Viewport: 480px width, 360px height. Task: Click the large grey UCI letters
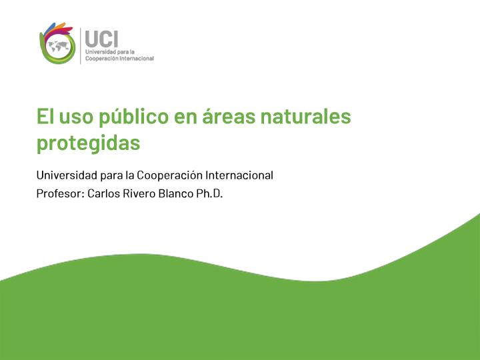(101, 39)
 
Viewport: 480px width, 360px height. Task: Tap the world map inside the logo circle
(59, 46)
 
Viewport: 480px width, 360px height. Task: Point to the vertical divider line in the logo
(81, 46)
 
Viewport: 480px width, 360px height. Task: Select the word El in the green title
(45, 116)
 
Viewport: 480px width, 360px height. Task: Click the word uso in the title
(76, 117)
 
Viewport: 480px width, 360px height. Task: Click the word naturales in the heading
(305, 116)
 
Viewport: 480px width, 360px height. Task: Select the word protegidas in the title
(89, 143)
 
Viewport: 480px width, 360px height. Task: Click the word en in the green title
(185, 117)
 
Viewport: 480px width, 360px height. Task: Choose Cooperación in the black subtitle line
(169, 175)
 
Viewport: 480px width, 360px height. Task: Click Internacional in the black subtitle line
(239, 175)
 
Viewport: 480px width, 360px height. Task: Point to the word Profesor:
(61, 193)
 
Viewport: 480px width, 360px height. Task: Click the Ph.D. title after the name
(209, 193)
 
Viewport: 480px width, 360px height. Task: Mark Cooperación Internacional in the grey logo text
(119, 59)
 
